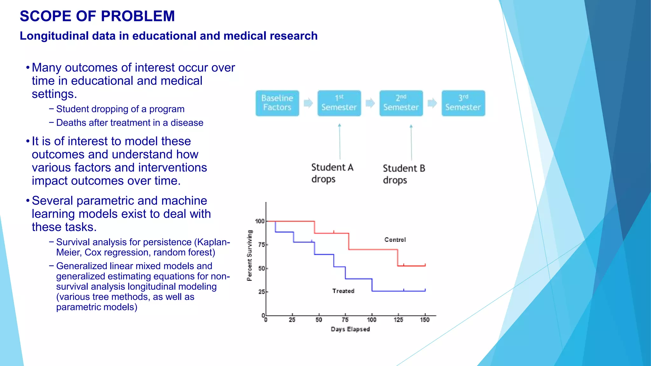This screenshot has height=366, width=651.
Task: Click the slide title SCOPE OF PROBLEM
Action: [x=97, y=16]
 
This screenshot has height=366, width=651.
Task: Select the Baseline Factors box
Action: [x=277, y=103]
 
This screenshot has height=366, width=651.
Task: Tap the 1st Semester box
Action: [x=339, y=103]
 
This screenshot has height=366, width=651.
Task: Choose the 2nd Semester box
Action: [x=401, y=103]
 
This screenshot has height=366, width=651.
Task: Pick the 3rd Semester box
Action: [x=463, y=103]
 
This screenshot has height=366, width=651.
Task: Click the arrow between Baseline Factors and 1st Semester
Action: [x=308, y=103]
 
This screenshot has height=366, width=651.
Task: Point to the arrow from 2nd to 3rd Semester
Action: [x=432, y=103]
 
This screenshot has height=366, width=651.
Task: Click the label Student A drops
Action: [x=332, y=173]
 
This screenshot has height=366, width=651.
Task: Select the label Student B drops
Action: [x=403, y=174]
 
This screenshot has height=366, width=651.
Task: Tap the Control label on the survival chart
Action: [x=395, y=240]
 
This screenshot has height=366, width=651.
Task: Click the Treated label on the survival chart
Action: [x=343, y=291]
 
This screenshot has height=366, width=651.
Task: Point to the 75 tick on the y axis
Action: [x=262, y=245]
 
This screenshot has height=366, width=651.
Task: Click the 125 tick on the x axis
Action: [x=398, y=320]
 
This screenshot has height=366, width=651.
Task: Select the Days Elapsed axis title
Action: [x=350, y=329]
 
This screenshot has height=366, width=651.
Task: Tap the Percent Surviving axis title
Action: [x=250, y=255]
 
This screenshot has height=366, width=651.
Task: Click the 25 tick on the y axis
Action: [x=262, y=292]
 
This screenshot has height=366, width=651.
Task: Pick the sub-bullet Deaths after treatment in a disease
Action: [x=129, y=123]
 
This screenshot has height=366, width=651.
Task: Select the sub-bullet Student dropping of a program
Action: [x=120, y=109]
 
